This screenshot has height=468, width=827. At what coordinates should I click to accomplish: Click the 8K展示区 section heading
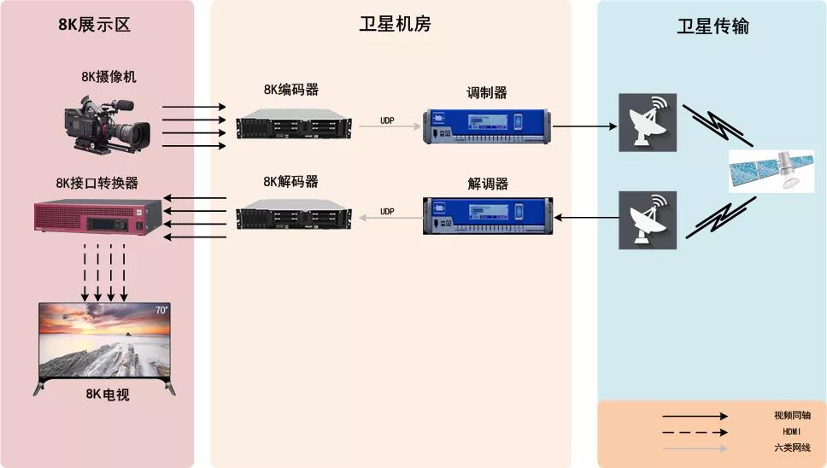pos(94,25)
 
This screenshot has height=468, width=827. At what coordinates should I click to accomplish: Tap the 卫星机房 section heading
pos(395,25)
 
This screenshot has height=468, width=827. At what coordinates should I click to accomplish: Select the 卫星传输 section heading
pos(713,26)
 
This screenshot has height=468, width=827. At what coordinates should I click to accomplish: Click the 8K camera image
pos(109,126)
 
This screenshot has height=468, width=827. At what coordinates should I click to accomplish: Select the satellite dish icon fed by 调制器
pos(648,123)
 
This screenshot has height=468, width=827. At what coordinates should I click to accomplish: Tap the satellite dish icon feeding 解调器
pos(648,219)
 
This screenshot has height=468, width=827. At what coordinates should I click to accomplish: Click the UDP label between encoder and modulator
pos(387,120)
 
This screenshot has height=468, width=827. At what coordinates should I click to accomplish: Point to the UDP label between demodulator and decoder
pos(387,211)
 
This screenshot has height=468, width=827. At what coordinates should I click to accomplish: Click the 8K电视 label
pos(108,395)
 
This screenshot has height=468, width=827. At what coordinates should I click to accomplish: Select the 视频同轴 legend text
pos(791,416)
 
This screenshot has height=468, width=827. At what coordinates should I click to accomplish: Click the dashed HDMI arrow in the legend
pos(695,432)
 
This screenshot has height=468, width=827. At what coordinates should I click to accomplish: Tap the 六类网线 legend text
pos(791,448)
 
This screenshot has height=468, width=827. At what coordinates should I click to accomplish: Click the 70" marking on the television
pos(161,311)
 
